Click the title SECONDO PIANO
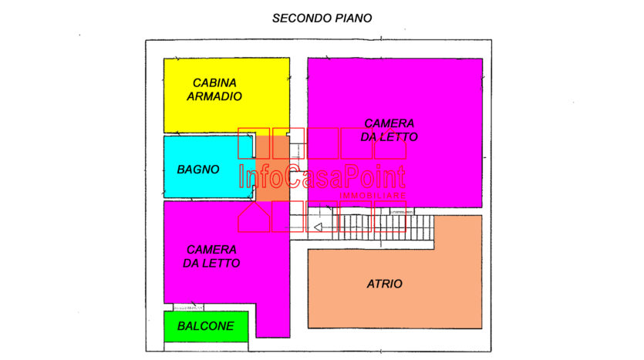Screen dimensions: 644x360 tap(322, 19)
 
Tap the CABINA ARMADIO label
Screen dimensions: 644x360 tap(214, 89)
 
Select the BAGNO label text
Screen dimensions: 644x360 tap(198, 170)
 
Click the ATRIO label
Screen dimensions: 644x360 tap(384, 284)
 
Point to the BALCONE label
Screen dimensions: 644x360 tap(206, 326)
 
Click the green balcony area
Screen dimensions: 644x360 tap(206, 327)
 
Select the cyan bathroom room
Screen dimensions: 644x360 tap(209, 167)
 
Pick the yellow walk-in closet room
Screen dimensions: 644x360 tap(227, 96)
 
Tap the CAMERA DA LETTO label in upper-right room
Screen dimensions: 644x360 tap(389, 130)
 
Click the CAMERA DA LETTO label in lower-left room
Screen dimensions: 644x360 tap(211, 257)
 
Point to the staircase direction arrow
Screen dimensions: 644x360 tap(318, 227)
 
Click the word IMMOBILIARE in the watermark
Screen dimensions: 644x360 tap(373, 195)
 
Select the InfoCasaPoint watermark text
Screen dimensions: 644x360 tap(322, 177)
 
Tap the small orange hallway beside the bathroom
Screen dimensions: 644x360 tap(273, 168)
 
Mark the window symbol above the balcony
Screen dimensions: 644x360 tap(188, 308)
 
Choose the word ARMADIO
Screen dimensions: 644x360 tap(214, 96)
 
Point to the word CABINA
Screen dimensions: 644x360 tap(214, 83)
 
